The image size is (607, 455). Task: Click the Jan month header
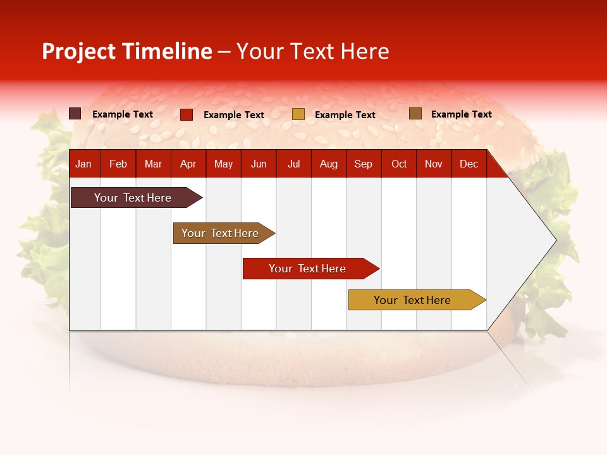point(83,164)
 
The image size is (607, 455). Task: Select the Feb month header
point(118,164)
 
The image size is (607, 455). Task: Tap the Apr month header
point(188,164)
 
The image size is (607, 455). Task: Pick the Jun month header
point(259,164)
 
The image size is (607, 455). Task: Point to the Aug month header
point(328,164)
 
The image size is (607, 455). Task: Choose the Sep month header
point(363,164)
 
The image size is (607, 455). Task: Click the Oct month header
point(399,164)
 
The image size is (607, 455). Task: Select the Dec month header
point(469,164)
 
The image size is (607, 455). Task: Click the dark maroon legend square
point(75,114)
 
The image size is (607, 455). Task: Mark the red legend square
point(187,114)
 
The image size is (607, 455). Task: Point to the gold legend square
point(298,114)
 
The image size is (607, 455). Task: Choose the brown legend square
point(415,114)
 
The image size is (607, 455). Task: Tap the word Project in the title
point(79,51)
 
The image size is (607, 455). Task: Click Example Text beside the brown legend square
point(461,114)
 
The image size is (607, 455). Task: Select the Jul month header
point(293,164)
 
